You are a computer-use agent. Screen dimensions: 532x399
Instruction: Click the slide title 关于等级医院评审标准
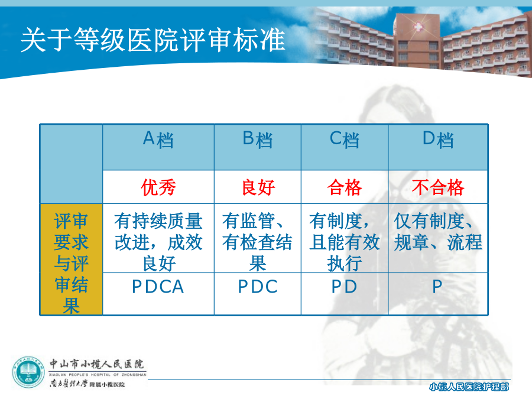coord(153,40)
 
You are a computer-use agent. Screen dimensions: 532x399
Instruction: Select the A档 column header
coord(158,140)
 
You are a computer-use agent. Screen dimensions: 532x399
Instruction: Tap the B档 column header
coord(258,140)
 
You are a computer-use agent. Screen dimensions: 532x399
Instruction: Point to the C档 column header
coord(345,140)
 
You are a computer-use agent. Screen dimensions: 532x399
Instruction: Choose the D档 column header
coord(438,140)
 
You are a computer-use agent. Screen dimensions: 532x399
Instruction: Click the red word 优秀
coord(158,187)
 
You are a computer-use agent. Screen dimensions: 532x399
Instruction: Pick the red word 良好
coord(258,187)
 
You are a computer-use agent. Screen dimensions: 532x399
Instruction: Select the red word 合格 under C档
coord(345,187)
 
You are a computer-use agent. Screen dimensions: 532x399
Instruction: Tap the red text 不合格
coord(438,187)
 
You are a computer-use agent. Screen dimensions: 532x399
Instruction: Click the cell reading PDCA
coord(158,287)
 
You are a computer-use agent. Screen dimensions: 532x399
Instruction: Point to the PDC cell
coord(258,287)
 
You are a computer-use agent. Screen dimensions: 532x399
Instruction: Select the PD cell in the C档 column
coord(345,287)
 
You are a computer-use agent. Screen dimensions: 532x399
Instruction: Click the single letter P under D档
coord(437,287)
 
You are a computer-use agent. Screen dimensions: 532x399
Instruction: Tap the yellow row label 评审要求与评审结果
coord(72,263)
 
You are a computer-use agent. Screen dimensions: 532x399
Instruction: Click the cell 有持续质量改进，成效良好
coord(158,242)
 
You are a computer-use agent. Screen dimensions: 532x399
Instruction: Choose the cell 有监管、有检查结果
coord(257,242)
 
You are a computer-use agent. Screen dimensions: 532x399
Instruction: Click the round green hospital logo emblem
coord(29,373)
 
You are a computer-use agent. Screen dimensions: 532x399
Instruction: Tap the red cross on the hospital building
coord(418,26)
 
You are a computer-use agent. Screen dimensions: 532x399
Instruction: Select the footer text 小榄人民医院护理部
coord(469,387)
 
